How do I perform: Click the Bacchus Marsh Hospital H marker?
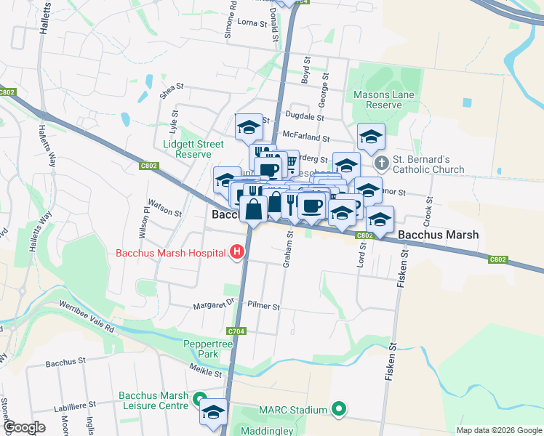click(x=236, y=253)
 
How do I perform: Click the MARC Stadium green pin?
click(x=337, y=410)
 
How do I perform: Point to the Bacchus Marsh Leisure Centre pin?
click(x=199, y=399)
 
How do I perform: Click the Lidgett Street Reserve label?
click(x=193, y=148)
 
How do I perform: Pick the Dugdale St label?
click(x=304, y=116)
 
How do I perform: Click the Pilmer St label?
click(x=263, y=307)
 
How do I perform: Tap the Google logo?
click(x=24, y=427)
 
